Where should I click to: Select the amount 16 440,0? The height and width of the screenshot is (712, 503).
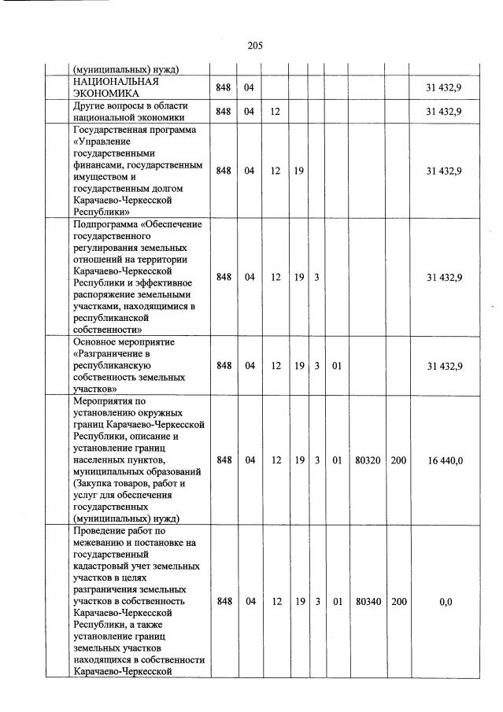tap(445, 459)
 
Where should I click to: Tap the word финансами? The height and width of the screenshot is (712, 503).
tap(98, 166)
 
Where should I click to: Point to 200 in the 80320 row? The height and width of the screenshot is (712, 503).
tap(398, 459)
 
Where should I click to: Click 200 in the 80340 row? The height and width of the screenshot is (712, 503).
tap(398, 602)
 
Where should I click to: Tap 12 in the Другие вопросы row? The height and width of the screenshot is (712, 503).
tap(275, 112)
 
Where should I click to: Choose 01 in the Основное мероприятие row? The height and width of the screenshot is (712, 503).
tap(336, 366)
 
